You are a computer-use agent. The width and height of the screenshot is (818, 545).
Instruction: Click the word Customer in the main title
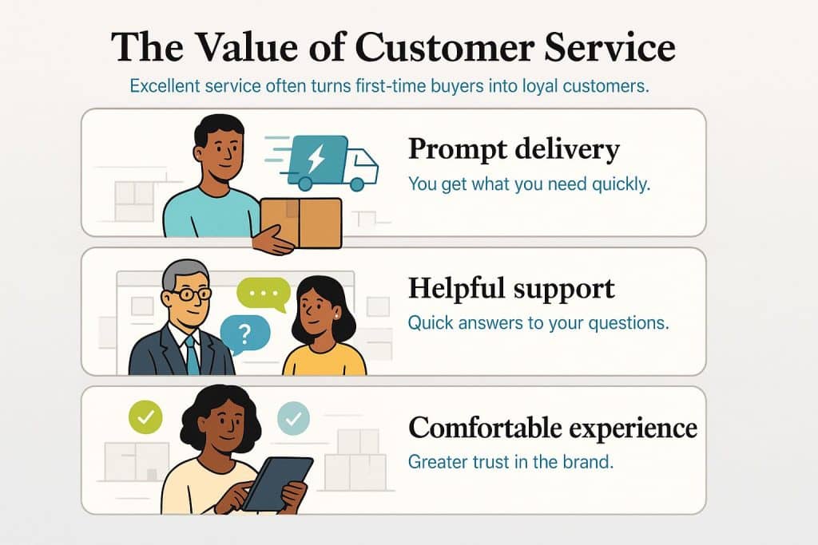444,47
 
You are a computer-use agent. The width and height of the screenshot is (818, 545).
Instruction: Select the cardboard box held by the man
301,223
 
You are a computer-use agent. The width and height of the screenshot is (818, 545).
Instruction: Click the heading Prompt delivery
514,149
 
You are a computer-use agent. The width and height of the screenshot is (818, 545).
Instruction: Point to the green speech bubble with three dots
264,294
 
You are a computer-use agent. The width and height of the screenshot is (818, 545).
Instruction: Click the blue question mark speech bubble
245,334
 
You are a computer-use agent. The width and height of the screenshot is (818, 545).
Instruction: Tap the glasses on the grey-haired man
189,294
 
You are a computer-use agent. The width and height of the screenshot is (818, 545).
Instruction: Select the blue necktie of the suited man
193,354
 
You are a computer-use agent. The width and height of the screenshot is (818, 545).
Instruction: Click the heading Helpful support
511,288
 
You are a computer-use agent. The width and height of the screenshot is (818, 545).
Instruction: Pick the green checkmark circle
145,417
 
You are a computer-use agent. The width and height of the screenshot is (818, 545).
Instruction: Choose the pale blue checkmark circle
293,418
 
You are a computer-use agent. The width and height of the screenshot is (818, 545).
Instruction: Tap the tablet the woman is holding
278,484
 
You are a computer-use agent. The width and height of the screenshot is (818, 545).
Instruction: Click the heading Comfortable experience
553,428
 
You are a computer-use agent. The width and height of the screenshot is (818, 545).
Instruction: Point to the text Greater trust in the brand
510,462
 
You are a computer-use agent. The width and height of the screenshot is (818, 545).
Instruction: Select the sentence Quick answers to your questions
538,323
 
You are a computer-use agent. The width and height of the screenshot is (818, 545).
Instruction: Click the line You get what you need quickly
529,184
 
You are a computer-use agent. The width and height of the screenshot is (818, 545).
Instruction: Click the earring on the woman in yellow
336,316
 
